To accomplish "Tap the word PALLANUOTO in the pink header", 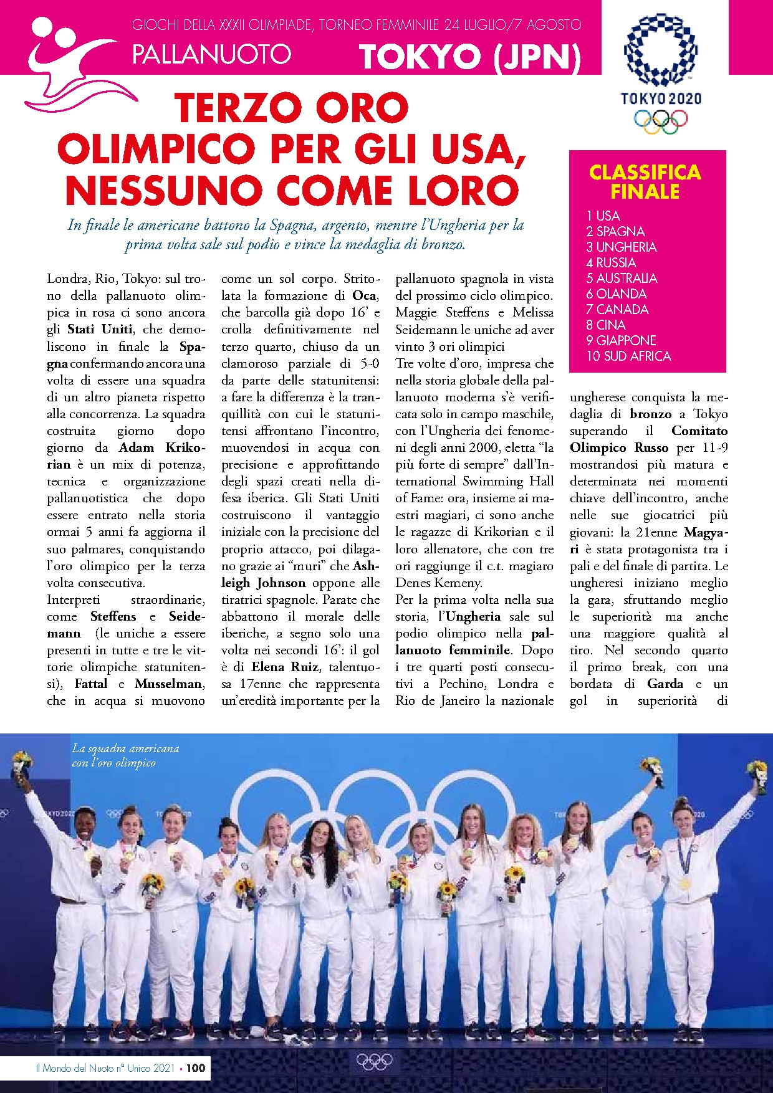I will click(211, 54).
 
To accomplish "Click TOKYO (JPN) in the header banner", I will click(470, 57).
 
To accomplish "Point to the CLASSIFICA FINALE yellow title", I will click(645, 181).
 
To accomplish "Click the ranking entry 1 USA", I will click(603, 216).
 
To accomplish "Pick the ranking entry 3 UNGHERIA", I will click(621, 247).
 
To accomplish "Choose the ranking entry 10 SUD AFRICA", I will click(628, 356).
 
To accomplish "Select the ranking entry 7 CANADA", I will click(617, 310).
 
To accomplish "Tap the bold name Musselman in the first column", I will click(168, 684).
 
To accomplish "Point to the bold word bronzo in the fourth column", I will click(651, 414).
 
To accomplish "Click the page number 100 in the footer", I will click(196, 1067).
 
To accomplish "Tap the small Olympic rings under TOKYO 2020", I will click(660, 121).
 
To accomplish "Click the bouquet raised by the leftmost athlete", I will click(22, 763).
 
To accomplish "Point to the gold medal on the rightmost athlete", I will click(685, 883).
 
